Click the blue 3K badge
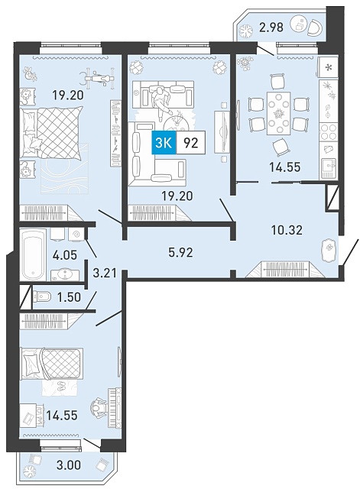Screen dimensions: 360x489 pos(164,143)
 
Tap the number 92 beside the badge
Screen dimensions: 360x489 pos(191,143)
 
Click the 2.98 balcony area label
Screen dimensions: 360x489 pos(271,28)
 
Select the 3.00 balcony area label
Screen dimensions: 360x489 pos(69,465)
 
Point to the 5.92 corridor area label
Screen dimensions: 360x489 pos(180,252)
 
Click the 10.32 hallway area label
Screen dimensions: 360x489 pos(287,230)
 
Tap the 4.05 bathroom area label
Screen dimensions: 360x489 pos(64,254)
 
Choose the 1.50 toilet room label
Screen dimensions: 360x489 pos(69,297)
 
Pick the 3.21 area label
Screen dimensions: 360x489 pos(105,274)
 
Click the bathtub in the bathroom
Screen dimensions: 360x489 pos(33,254)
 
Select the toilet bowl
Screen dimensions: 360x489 pos(42,296)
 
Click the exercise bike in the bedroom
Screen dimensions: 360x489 pos(96,78)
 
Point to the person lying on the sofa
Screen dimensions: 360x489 pos(161,102)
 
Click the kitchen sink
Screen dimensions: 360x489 pos(329,168)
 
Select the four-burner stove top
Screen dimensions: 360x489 pos(329,132)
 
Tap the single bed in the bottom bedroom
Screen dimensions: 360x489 pos(51,364)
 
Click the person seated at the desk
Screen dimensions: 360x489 pos(99,406)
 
